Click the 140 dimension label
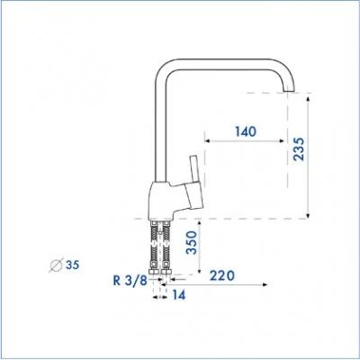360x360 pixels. coord(246,131)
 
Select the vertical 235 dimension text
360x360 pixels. coord(299,149)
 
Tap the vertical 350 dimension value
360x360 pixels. coord(192,243)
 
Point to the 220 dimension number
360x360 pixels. coord(222,275)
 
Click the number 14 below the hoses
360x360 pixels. coord(179,295)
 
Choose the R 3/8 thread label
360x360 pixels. coord(130,281)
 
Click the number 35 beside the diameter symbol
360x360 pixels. coord(72,265)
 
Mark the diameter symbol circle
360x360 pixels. coord(57,265)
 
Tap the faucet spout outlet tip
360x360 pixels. coord(289,90)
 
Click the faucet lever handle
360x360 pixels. coord(194,168)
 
